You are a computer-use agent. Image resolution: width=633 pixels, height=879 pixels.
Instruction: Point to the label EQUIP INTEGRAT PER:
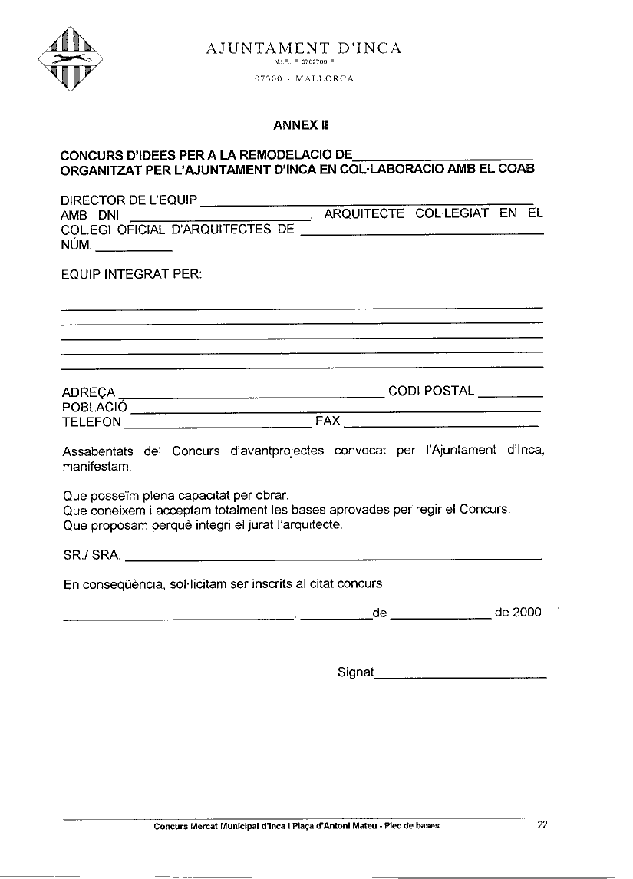(131, 274)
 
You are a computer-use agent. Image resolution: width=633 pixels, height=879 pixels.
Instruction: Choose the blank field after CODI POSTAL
(510, 394)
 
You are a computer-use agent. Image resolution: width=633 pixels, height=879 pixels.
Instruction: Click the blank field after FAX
(440, 424)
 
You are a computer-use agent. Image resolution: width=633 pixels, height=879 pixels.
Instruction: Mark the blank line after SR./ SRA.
(333, 557)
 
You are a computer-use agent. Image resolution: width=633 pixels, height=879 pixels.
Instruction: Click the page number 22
(542, 825)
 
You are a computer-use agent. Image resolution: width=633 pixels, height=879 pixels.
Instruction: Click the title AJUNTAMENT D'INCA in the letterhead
(304, 48)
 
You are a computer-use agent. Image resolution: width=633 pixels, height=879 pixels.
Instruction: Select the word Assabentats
(97, 451)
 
